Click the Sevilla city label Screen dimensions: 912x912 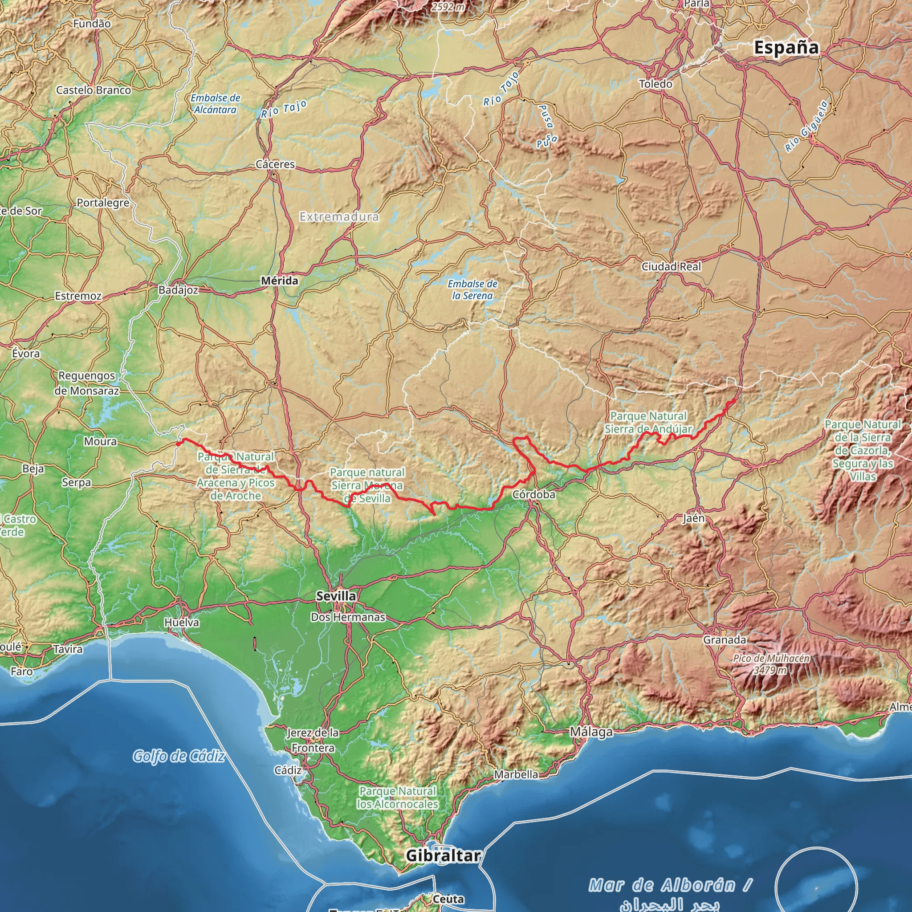click(x=336, y=596)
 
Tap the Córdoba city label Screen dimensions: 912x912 click(x=534, y=495)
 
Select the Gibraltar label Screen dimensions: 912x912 click(x=443, y=855)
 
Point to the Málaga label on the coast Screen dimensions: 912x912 click(x=591, y=732)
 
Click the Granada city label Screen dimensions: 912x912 click(x=725, y=640)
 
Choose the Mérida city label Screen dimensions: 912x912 click(x=280, y=281)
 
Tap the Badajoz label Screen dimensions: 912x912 click(x=178, y=290)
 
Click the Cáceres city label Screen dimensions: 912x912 click(x=275, y=164)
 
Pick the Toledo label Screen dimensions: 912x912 click(x=655, y=84)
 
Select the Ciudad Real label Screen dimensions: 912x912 click(x=671, y=267)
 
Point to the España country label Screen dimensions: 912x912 click(x=786, y=48)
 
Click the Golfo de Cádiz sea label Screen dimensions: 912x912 click(x=179, y=756)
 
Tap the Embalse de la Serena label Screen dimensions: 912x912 click(x=472, y=290)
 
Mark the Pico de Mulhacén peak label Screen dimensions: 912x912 click(x=771, y=664)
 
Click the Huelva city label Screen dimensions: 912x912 click(x=182, y=623)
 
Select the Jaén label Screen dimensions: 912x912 click(x=693, y=518)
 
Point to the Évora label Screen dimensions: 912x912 click(x=26, y=354)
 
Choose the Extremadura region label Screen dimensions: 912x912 click(x=339, y=217)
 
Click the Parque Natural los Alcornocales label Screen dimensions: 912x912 click(x=398, y=797)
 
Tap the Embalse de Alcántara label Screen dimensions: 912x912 click(x=216, y=104)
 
